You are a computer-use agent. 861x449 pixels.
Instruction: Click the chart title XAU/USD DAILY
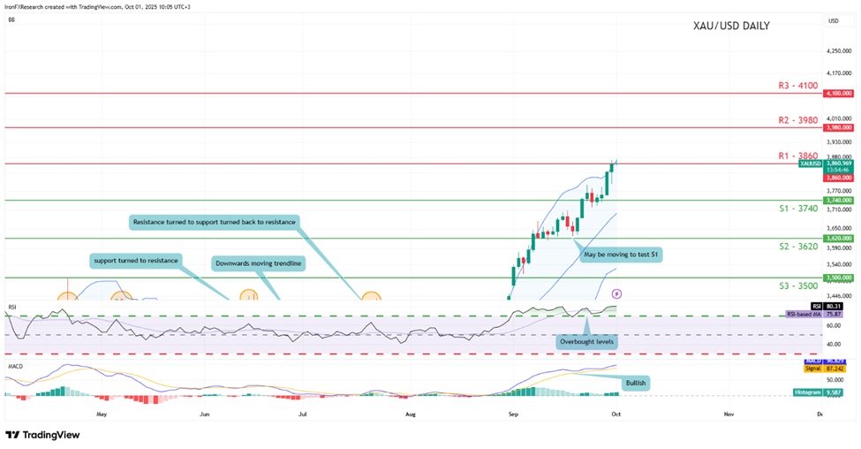click(x=730, y=26)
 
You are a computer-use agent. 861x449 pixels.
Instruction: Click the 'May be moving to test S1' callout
click(x=621, y=254)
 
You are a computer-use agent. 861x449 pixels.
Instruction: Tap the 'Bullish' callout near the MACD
click(x=635, y=384)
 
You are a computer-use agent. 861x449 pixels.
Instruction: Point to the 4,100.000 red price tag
click(x=836, y=93)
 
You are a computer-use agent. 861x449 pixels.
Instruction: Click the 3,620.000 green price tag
click(x=836, y=239)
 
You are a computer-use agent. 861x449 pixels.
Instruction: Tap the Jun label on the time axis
click(x=205, y=413)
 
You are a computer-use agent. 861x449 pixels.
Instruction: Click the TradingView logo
click(x=42, y=435)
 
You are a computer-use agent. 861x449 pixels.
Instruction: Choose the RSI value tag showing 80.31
click(x=834, y=306)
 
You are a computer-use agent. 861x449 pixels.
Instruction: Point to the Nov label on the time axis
click(x=729, y=413)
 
